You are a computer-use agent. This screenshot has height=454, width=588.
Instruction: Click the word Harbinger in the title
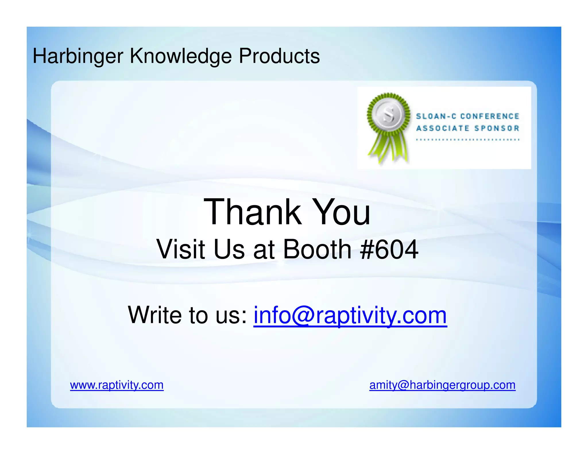click(x=78, y=56)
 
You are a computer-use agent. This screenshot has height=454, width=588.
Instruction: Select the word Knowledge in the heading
click(x=181, y=56)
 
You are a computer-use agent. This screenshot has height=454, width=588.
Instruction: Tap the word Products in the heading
click(x=279, y=56)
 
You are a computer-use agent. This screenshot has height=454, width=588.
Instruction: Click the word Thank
click(x=252, y=212)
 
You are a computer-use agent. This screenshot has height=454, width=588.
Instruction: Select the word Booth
click(x=317, y=249)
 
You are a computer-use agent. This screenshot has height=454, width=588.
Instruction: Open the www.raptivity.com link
click(x=117, y=385)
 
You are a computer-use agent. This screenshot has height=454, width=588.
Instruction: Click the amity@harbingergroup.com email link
click(x=442, y=385)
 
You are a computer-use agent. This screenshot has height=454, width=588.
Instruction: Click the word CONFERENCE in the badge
click(x=490, y=116)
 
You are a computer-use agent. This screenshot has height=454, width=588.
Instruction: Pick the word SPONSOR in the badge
click(x=496, y=128)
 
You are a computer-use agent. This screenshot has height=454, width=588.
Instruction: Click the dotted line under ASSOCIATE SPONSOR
click(x=468, y=140)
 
